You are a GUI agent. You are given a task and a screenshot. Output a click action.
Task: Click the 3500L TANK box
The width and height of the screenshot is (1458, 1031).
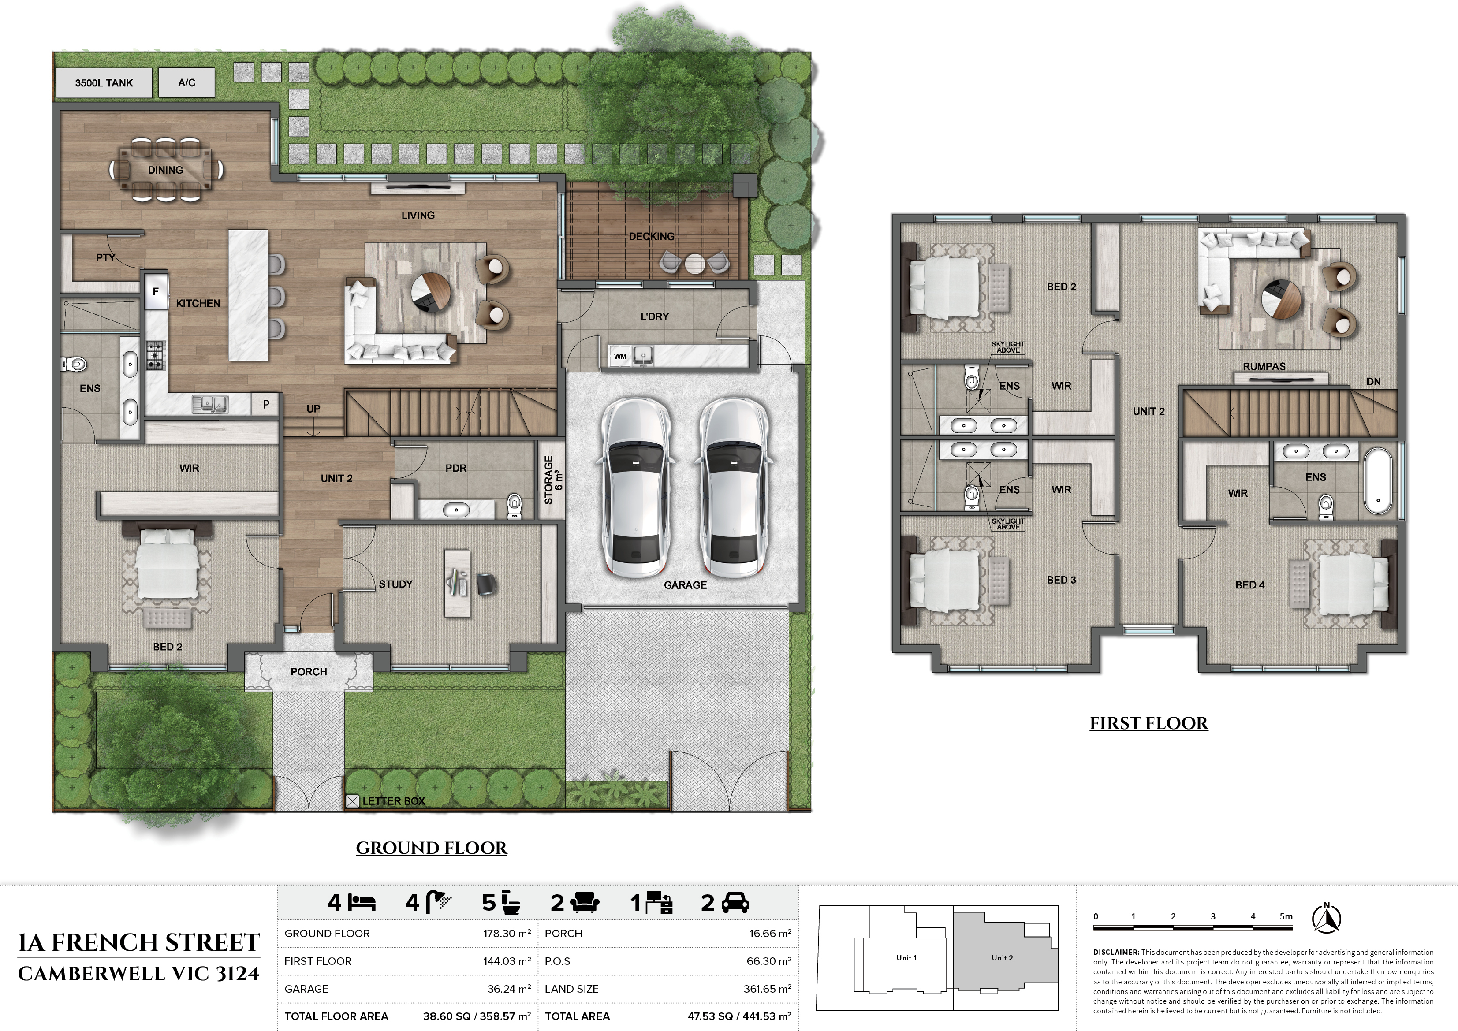click(x=104, y=82)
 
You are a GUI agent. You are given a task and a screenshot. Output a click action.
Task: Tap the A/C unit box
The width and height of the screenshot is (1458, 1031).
click(x=186, y=82)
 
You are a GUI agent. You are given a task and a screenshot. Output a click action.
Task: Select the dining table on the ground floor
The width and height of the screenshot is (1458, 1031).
click(x=166, y=170)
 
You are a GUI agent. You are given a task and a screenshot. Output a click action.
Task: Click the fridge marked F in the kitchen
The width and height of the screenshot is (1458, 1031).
click(x=156, y=291)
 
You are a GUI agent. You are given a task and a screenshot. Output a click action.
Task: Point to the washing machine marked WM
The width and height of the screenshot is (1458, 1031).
click(x=620, y=356)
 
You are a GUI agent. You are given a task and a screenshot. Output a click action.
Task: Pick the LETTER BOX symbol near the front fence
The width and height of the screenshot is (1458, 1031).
click(x=352, y=801)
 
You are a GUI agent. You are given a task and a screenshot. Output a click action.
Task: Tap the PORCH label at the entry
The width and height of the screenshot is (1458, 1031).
click(x=309, y=672)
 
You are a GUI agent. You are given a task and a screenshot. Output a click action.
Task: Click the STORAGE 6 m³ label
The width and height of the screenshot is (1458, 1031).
click(x=550, y=480)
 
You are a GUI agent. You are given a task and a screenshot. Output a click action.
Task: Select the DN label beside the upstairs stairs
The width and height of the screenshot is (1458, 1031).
click(x=1373, y=382)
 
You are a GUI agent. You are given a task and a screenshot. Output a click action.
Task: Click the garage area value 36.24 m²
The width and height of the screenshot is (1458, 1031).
click(x=507, y=989)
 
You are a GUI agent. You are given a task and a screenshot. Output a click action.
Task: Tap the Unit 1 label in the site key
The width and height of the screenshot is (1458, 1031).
click(x=906, y=958)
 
